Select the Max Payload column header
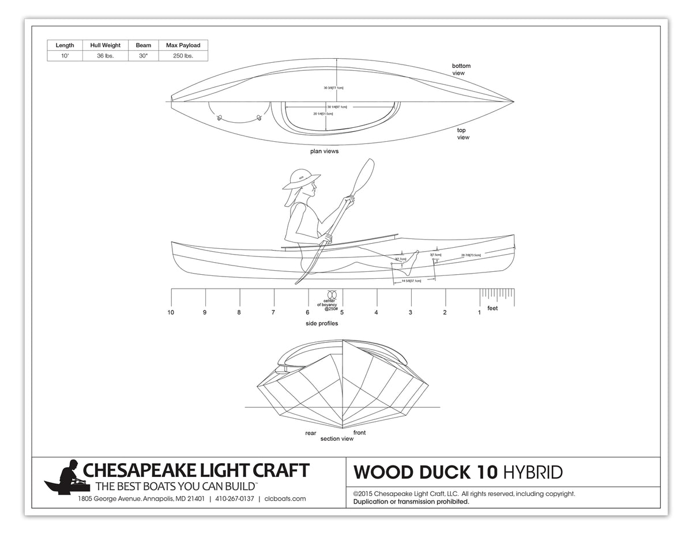tap(183, 45)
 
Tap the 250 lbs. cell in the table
tap(183, 56)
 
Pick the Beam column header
tap(143, 45)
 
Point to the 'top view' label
tap(462, 134)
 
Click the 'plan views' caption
tap(324, 152)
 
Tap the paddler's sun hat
tap(301, 178)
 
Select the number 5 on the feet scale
tap(342, 312)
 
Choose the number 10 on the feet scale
tap(171, 312)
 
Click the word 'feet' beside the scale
tap(492, 308)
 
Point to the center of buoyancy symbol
tap(332, 294)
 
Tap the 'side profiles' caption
tap(322, 324)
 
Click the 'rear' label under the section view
tap(311, 433)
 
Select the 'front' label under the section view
tap(359, 433)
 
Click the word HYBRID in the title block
tap(532, 472)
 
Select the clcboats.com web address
tap(285, 499)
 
